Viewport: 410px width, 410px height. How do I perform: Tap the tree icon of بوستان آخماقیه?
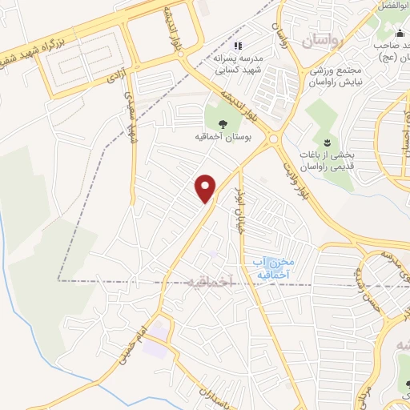point(222,123)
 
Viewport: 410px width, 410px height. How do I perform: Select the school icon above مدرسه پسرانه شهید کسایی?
point(238,45)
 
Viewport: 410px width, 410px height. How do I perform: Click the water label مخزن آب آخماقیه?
point(267,267)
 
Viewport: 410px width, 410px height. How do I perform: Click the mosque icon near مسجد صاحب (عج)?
point(400,34)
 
